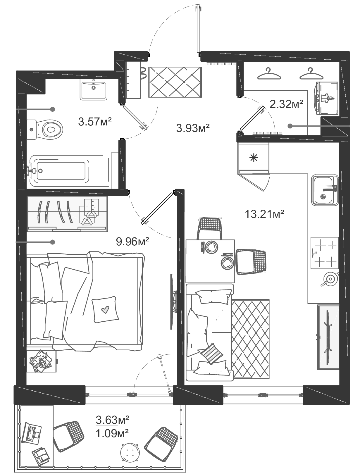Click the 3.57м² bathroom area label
95,121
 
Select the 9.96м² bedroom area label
133,241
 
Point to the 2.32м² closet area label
286,104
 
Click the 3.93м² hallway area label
193,127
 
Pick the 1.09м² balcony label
112,433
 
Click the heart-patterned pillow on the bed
105,309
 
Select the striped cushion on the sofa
211,353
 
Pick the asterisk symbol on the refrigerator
254,158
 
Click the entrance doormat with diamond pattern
175,82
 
